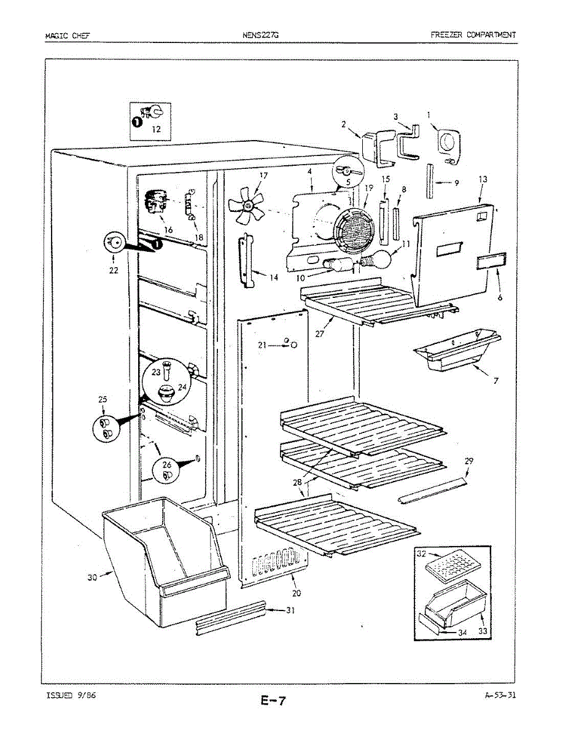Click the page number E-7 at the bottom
(273, 701)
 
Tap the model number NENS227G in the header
(260, 35)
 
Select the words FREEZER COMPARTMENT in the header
(473, 35)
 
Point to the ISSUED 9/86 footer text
(70, 696)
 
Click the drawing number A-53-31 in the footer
(499, 696)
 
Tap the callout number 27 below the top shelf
(319, 334)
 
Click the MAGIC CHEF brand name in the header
(67, 35)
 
